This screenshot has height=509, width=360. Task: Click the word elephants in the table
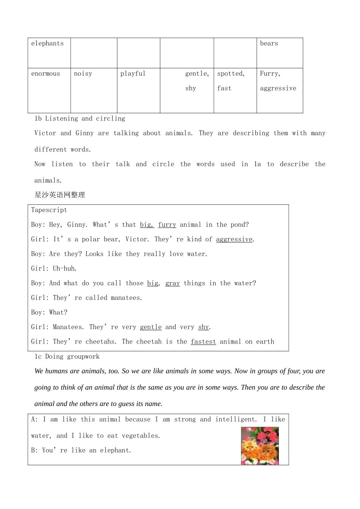(x=47, y=44)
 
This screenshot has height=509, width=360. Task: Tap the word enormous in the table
(x=45, y=74)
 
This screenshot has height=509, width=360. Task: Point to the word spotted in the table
(x=230, y=74)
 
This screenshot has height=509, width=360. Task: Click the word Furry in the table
(x=269, y=74)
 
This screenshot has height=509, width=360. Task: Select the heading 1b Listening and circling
(x=80, y=119)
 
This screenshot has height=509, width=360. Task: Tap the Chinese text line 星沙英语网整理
(x=60, y=195)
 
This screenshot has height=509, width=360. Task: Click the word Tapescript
(x=49, y=210)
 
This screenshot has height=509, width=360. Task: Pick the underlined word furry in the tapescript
(x=167, y=225)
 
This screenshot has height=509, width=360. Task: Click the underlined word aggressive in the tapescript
(x=234, y=239)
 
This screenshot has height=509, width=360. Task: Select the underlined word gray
(x=172, y=283)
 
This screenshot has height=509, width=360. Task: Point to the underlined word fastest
(x=203, y=342)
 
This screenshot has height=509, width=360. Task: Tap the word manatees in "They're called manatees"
(x=126, y=298)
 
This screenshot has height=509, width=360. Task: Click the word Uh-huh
(x=64, y=269)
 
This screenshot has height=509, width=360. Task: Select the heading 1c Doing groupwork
(x=67, y=357)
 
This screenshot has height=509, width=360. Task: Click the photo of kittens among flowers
(x=260, y=446)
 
